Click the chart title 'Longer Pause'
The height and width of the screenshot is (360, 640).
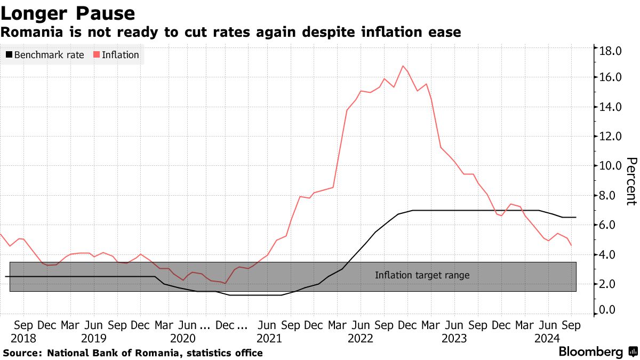(x=68, y=12)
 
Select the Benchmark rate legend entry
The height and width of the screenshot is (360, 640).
(x=45, y=55)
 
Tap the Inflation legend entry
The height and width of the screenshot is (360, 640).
(x=116, y=55)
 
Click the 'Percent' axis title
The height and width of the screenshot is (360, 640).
(x=631, y=181)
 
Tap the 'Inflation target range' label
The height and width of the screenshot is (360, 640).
(x=422, y=276)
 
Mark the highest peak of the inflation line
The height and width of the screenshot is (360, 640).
(x=403, y=66)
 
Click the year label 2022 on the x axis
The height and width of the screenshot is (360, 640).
(x=360, y=338)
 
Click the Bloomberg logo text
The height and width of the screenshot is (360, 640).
(x=590, y=352)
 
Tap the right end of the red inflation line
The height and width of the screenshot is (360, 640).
(x=571, y=245)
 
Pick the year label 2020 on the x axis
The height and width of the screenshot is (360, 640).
(x=182, y=338)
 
